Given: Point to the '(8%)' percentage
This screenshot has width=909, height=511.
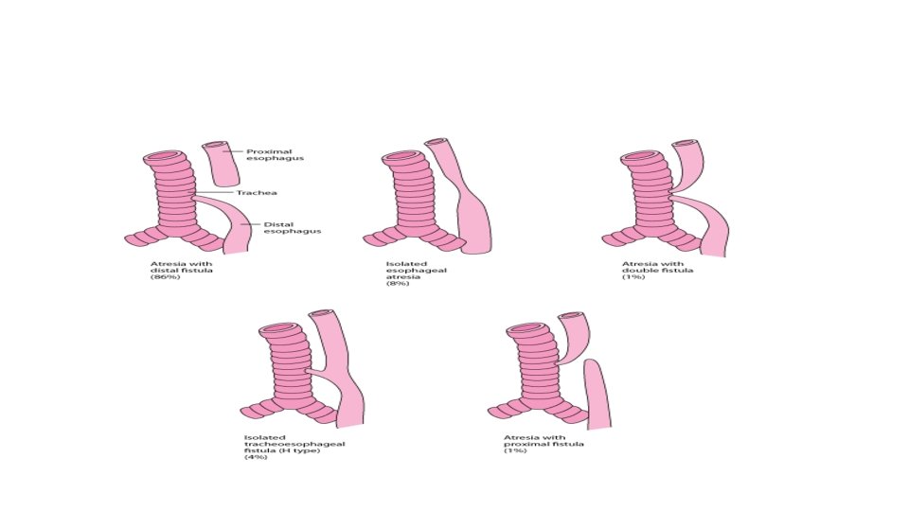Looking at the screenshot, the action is (397, 284).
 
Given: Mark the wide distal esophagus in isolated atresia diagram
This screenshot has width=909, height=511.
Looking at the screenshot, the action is (476, 222).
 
